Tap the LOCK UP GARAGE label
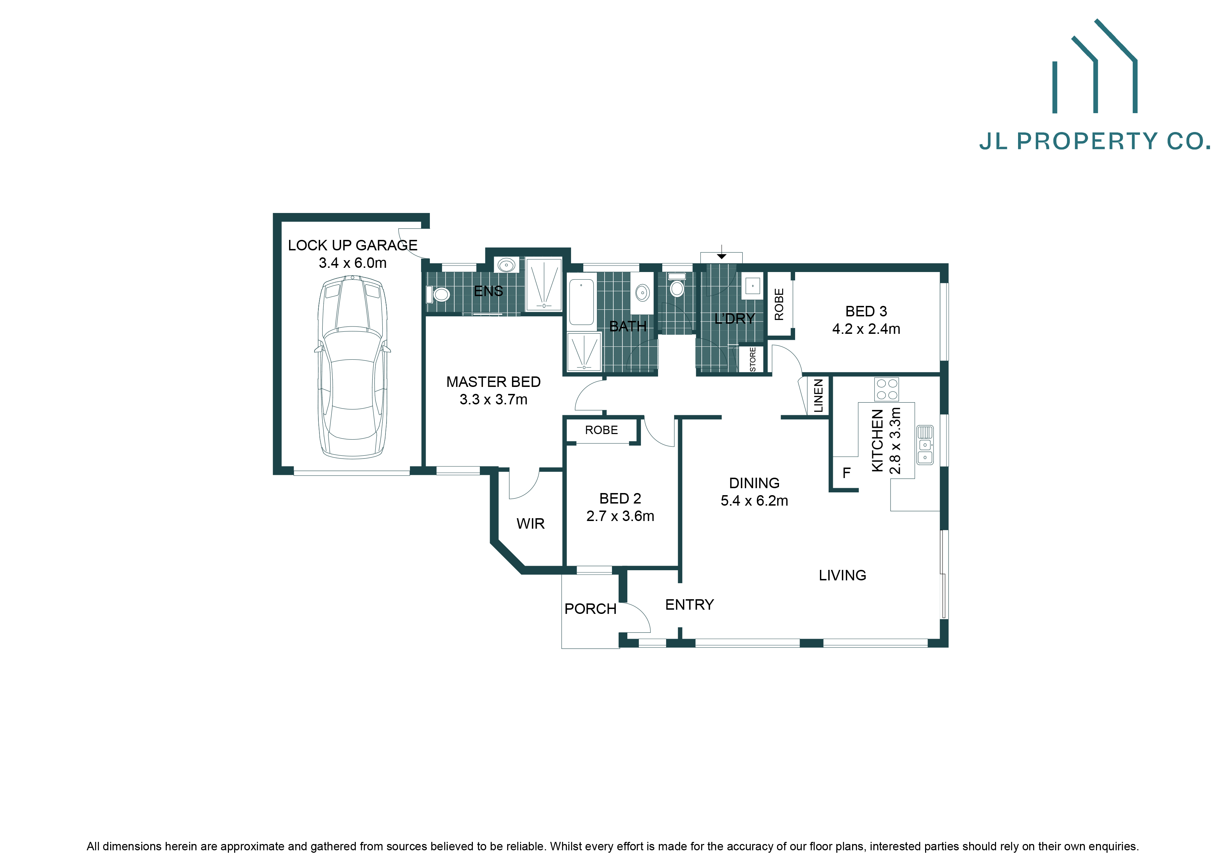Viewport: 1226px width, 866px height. coord(352,245)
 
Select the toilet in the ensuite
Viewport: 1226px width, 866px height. coord(439,294)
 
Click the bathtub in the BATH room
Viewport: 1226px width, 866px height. coord(582,302)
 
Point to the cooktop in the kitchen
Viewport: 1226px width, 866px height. coord(886,389)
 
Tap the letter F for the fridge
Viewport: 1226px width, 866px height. coord(846,473)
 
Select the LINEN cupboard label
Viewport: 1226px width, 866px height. coord(818,396)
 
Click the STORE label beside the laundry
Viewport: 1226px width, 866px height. coord(753,359)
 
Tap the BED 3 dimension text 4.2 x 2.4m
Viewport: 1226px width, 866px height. coord(866,329)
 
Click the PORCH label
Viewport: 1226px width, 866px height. coord(590,609)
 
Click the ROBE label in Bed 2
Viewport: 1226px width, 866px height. coord(601,430)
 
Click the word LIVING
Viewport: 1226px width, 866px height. coord(842,575)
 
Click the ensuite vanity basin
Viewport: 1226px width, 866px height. coord(506,265)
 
